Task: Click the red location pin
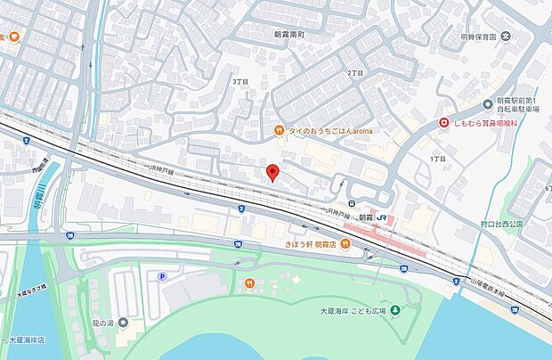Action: coord(273,173)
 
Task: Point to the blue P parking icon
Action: coord(162,277)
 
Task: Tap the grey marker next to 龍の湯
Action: coord(122,322)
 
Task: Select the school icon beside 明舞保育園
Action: coord(505,37)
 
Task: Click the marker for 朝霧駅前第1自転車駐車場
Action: coord(488,103)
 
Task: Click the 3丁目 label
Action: coord(239,80)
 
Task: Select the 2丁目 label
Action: coord(353,70)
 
